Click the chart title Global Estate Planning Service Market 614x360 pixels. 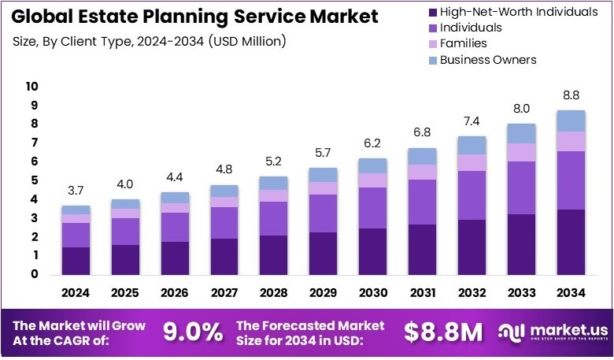(x=194, y=16)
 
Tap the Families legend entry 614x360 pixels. (x=464, y=43)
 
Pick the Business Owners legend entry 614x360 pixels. (x=488, y=59)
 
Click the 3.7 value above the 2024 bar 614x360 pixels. (x=76, y=191)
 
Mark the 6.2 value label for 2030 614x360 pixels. (x=373, y=144)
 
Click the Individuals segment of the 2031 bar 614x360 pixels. (x=423, y=202)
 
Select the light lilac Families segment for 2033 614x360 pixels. (x=522, y=152)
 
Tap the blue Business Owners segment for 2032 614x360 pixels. (x=472, y=145)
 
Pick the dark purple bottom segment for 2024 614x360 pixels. (x=76, y=262)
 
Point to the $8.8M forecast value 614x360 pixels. (x=443, y=332)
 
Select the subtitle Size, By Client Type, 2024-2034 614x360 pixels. (x=150, y=40)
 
